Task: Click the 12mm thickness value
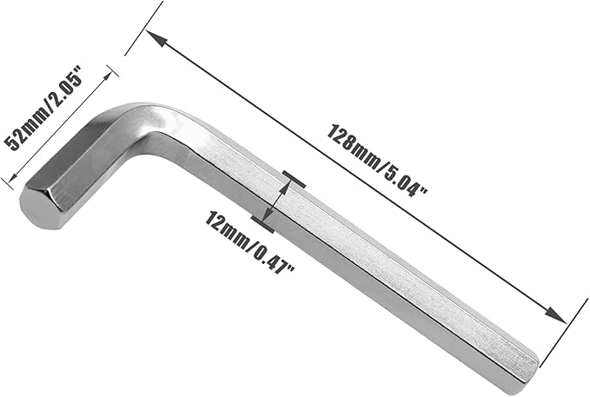click(225, 228)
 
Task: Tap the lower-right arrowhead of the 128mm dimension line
click(556, 315)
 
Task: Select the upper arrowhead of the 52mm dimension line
click(107, 76)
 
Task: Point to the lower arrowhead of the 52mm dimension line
click(13, 175)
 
